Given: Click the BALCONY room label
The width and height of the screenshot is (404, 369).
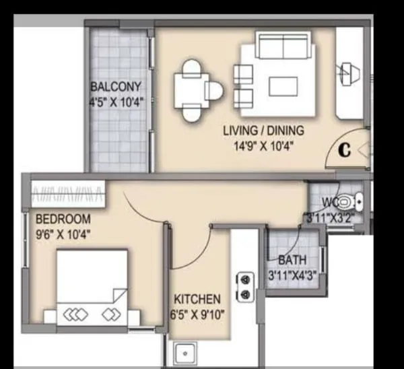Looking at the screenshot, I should pos(116,87).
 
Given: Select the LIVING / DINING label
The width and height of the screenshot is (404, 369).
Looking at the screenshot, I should pos(263,130).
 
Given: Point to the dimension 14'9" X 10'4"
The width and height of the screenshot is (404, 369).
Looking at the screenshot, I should pos(263,145).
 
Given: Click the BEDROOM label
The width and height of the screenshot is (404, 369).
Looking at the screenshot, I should pos(63,220).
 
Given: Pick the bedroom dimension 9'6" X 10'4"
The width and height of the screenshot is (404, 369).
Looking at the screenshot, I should pos(63,234).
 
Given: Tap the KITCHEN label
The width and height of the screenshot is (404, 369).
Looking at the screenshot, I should pos(197,299).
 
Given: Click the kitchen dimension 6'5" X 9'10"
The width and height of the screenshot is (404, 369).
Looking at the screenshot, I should pos(197,313).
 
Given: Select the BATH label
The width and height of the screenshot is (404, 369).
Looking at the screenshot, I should pos(292,260).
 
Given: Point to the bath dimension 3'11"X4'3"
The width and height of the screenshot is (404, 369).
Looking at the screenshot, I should pos(292,275).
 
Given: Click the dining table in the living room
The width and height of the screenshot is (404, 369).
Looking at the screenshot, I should pos(191,89).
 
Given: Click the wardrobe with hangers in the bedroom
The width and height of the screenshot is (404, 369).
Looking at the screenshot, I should pos(68,195).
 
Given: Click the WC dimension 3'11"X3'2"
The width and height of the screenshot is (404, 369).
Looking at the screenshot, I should pos(330,217).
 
